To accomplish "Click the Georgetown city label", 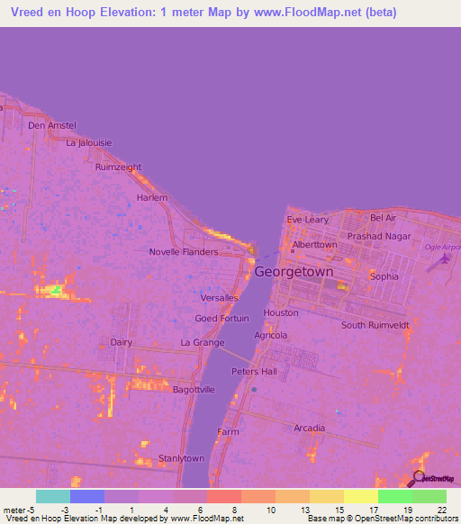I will [x=294, y=271].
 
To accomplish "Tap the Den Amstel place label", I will [x=52, y=125].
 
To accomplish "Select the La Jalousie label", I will [x=88, y=142].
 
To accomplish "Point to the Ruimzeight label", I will [x=119, y=167].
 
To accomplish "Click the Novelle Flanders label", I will [x=184, y=252].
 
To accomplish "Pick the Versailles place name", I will [x=220, y=298].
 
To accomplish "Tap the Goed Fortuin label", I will [x=222, y=319].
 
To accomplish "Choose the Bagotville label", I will [x=194, y=389].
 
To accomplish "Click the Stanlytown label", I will [x=182, y=458].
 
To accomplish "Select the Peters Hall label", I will [x=254, y=371].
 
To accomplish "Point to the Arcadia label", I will [x=309, y=428].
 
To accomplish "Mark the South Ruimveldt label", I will [x=376, y=325].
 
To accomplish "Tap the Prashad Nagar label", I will [x=379, y=237].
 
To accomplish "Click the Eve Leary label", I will [x=307, y=220].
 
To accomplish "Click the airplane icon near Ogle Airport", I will [x=442, y=259].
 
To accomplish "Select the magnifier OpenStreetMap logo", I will [x=420, y=478].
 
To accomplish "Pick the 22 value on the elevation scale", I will [x=442, y=510].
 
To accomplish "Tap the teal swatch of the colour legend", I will [x=53, y=496].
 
